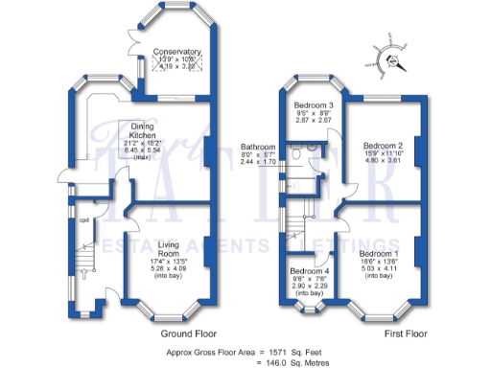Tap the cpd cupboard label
(83, 217)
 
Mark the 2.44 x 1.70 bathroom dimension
(257, 163)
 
